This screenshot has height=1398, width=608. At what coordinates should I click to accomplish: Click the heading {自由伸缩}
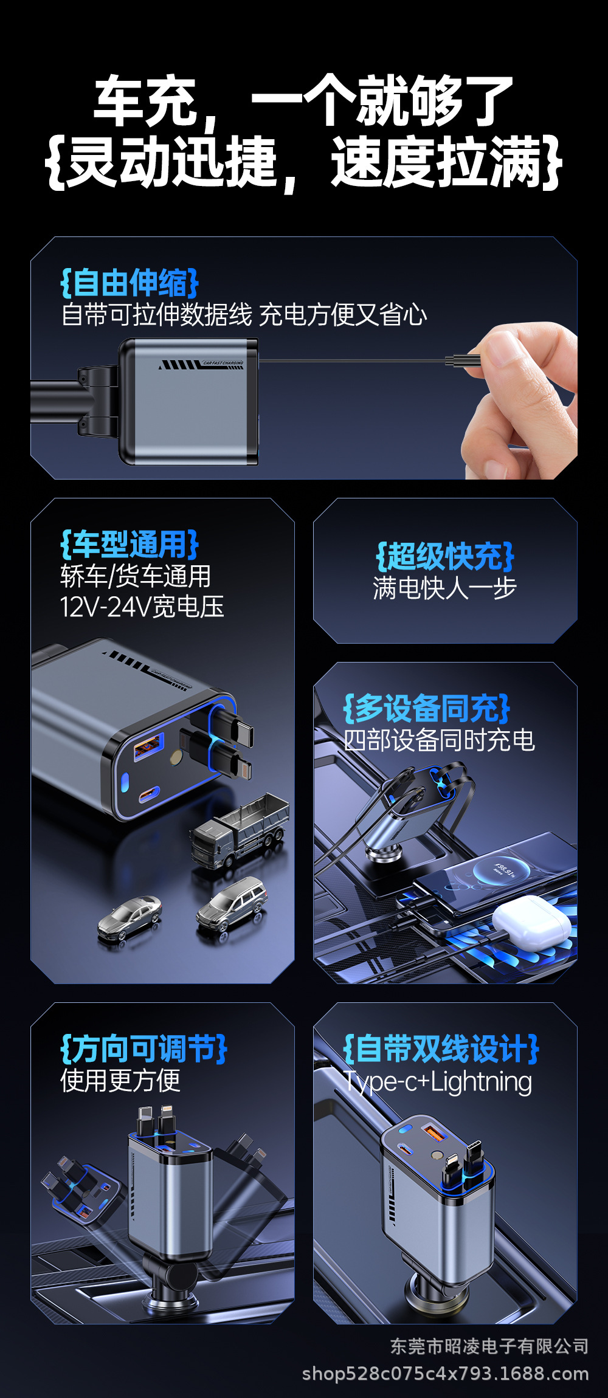(x=130, y=283)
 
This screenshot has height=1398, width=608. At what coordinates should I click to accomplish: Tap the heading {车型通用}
(x=130, y=545)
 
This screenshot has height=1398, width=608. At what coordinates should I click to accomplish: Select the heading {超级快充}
(x=445, y=556)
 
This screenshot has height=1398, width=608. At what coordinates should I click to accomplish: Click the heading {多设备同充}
(x=427, y=709)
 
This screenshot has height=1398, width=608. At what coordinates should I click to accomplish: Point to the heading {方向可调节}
(x=143, y=1049)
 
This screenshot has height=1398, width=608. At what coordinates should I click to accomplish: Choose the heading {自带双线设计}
(x=441, y=1049)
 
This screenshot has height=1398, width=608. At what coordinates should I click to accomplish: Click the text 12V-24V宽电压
(x=142, y=607)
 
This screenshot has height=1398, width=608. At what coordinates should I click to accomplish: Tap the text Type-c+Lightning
(x=438, y=1082)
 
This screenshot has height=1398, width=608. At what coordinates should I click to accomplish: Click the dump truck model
(x=240, y=830)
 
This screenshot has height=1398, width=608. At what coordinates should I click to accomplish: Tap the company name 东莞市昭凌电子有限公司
(x=489, y=1346)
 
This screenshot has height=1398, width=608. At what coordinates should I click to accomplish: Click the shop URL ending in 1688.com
(x=445, y=1374)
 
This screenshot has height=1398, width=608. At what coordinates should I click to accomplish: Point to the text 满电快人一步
(x=445, y=588)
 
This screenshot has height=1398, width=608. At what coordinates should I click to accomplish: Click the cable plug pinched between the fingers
(x=462, y=361)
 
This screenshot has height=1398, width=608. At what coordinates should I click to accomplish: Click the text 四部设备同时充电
(x=439, y=740)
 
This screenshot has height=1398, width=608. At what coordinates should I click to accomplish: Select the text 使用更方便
(x=120, y=1081)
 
